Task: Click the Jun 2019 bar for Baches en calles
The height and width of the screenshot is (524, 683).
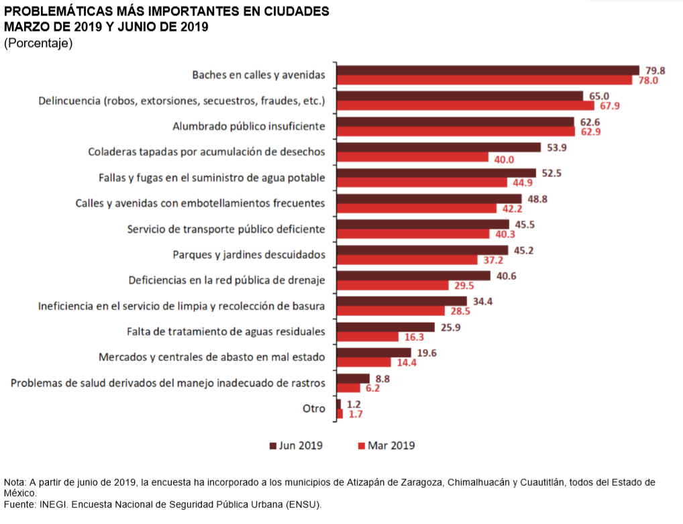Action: click(487, 70)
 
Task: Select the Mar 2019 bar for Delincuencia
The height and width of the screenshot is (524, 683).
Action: click(465, 105)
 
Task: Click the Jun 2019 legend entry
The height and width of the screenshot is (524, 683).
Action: click(296, 446)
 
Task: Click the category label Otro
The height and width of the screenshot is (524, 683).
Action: click(314, 409)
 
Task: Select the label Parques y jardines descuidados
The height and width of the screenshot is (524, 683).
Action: click(249, 254)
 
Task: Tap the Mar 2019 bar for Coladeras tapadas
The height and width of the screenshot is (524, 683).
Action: click(412, 157)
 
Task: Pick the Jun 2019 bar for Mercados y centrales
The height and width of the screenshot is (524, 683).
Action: click(374, 352)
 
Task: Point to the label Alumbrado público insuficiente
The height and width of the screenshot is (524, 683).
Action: click(249, 126)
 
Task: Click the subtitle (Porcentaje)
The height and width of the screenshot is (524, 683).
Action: click(38, 43)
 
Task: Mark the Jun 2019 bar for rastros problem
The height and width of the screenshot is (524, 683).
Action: click(353, 378)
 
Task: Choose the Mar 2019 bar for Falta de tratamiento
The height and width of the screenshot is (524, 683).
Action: click(367, 337)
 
